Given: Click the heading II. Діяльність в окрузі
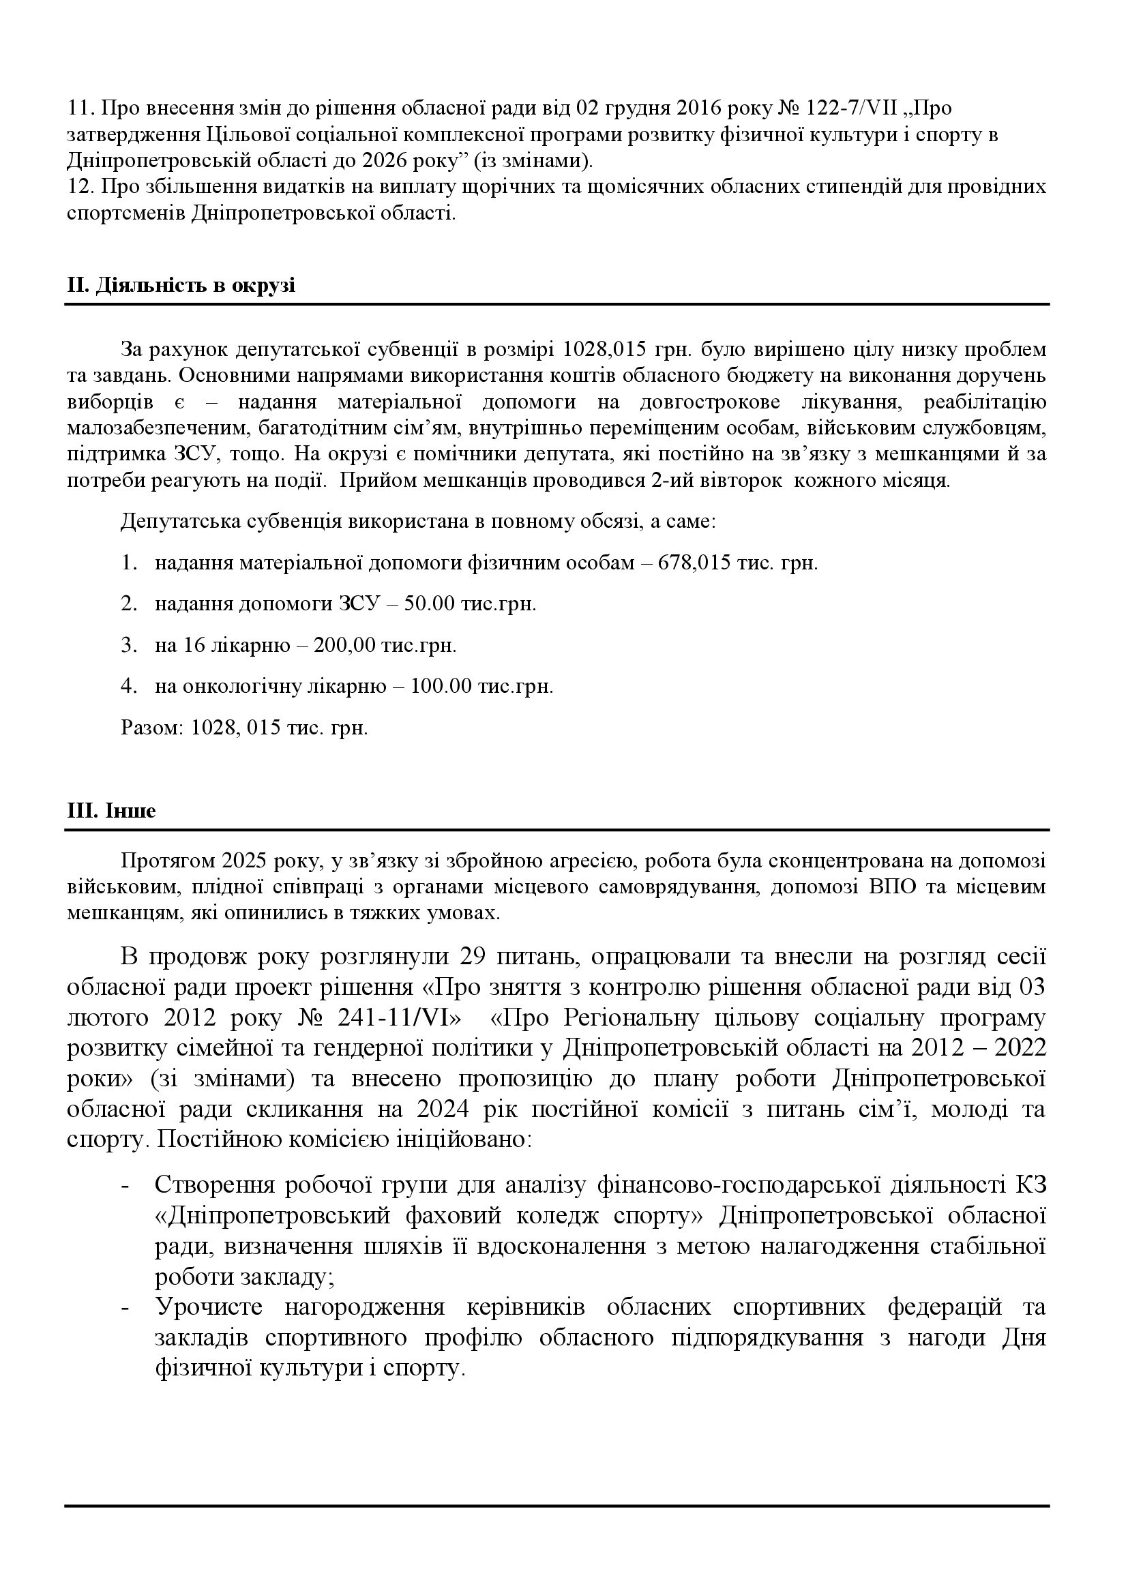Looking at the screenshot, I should (181, 286).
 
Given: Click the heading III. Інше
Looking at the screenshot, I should (111, 811).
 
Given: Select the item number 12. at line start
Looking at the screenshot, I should (80, 188).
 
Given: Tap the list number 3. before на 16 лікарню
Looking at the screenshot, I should (128, 645).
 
